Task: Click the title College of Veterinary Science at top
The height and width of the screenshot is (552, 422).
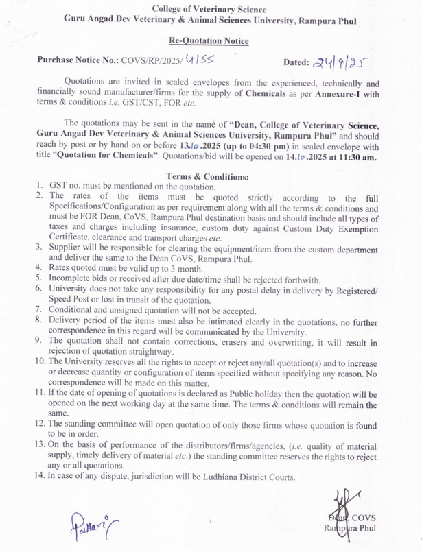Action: coord(210,8)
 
